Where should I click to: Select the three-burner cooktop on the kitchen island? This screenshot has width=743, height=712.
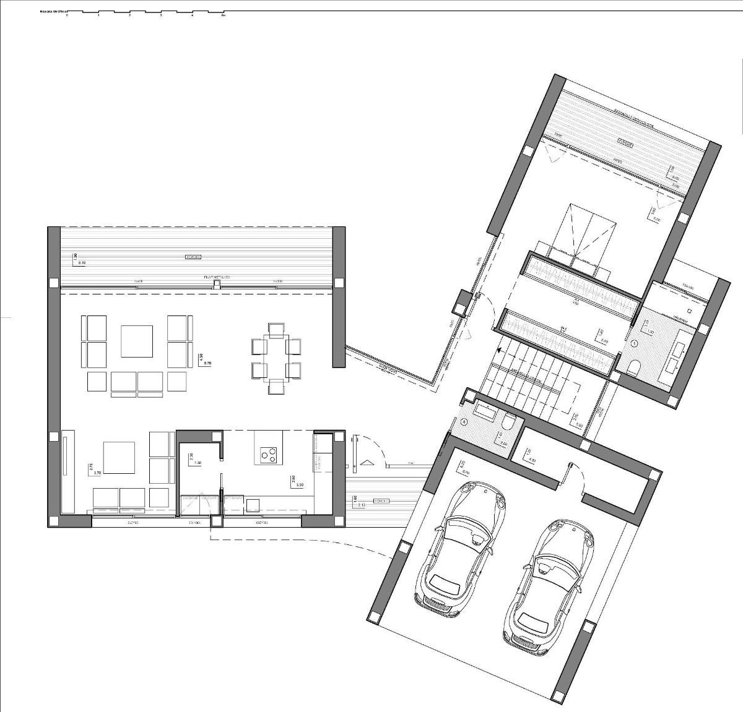(x=268, y=455)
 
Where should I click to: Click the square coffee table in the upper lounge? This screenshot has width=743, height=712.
(x=136, y=341)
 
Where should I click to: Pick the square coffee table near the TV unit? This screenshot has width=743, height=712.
(x=119, y=457)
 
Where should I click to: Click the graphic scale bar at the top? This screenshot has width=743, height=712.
(x=146, y=12)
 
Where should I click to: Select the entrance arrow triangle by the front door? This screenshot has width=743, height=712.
(x=367, y=461)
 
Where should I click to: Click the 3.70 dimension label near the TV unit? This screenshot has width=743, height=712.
(x=95, y=473)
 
